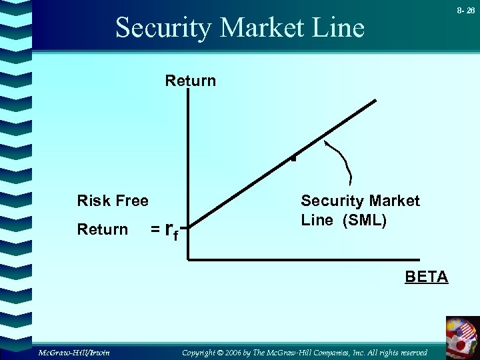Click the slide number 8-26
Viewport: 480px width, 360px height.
(x=465, y=11)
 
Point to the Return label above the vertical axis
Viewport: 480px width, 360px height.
(x=191, y=81)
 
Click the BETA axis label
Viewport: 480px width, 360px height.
(x=427, y=277)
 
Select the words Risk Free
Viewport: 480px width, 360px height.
(x=113, y=201)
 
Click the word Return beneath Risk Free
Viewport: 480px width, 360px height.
(x=102, y=230)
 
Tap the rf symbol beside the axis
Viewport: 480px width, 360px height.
(x=171, y=232)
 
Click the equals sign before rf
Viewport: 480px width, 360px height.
(x=154, y=230)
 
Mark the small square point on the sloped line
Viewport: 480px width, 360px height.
(x=292, y=159)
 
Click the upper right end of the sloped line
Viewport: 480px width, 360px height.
(x=375, y=101)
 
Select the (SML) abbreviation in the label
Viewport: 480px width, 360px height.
(x=364, y=221)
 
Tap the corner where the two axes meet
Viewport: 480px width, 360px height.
(x=189, y=258)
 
